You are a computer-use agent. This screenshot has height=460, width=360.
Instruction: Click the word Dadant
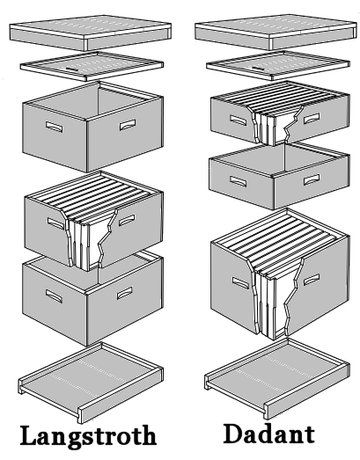pos(268,434)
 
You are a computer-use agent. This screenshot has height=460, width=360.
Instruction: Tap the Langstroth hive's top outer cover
pos(90,33)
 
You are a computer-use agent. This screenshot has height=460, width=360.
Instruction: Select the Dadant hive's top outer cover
pos(276,32)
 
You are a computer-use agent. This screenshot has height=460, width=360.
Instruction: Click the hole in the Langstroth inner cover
pos(71,69)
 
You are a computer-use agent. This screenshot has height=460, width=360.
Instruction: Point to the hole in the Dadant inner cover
pos(257,68)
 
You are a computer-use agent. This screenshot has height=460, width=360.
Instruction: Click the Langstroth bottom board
pos(91,383)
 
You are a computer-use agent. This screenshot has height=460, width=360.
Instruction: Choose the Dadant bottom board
pos(277,378)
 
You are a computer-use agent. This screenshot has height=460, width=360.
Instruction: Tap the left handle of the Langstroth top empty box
pos(54,127)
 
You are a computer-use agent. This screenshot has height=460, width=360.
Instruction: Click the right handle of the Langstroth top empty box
pos(128,125)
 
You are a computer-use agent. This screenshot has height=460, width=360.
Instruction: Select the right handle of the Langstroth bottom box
pos(125,294)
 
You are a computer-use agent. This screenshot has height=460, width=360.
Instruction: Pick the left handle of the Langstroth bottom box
pos(54,296)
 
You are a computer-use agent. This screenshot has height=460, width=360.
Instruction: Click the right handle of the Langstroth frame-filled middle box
pos(127,220)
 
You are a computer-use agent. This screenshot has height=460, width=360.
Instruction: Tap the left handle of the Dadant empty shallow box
pos(239,181)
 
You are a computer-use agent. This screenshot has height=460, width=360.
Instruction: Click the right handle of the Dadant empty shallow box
pos(312,179)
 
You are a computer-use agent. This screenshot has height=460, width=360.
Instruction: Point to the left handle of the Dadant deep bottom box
pos(241,282)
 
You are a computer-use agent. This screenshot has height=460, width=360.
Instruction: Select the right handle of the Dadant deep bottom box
pos(312,280)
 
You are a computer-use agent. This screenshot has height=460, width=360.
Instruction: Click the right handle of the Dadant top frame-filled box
pos(312,119)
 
